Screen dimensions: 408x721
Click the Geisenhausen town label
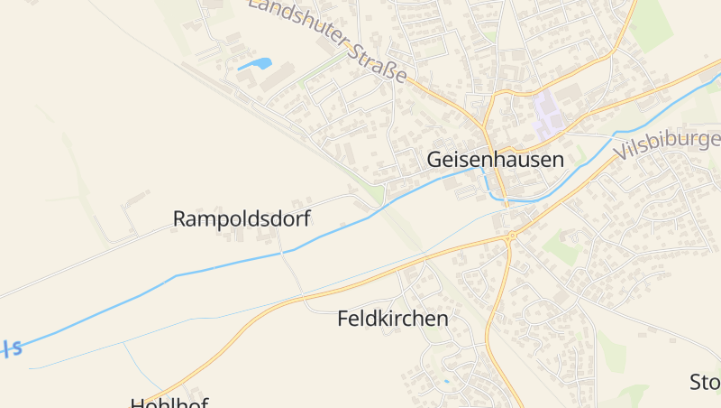click(x=495, y=160)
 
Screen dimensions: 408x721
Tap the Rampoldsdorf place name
click(x=242, y=218)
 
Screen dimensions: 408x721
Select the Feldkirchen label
click(x=392, y=319)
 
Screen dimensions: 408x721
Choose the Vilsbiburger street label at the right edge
click(x=669, y=144)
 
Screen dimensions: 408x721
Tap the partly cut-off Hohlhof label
click(x=169, y=403)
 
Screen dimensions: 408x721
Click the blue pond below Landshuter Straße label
click(x=255, y=64)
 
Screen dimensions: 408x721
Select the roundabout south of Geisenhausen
click(x=511, y=236)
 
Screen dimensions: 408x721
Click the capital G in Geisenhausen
click(x=435, y=160)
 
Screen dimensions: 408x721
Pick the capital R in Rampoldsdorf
click(x=179, y=218)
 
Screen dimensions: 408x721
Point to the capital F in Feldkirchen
click(x=343, y=319)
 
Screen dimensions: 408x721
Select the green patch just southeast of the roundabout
click(x=563, y=251)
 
